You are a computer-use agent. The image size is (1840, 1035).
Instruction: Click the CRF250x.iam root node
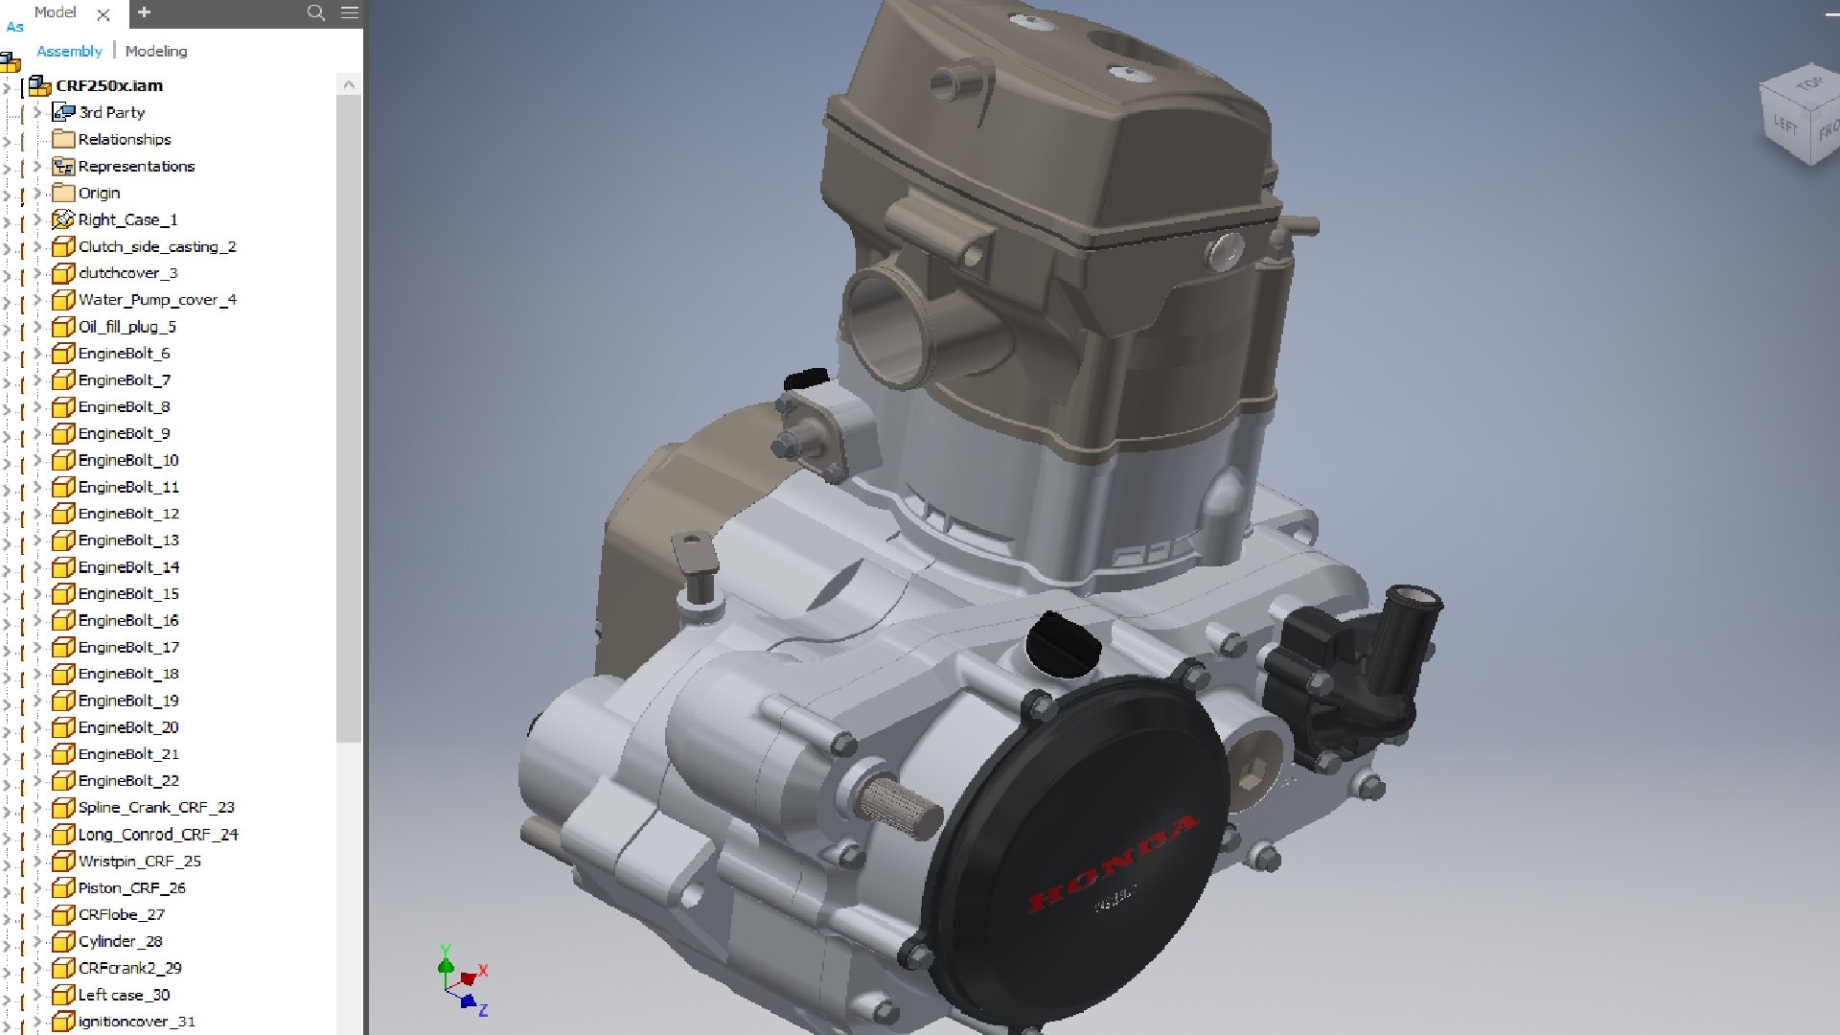108,85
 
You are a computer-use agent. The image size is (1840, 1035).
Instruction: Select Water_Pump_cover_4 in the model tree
156,300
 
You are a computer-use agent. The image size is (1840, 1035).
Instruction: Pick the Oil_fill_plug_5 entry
126,327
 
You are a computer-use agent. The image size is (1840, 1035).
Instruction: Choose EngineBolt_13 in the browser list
128,540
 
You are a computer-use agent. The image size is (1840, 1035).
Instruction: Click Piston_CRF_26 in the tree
131,888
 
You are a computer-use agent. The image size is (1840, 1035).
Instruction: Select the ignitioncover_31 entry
136,1022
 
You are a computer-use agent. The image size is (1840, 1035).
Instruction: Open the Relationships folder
124,139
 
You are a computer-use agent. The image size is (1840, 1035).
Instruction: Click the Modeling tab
156,51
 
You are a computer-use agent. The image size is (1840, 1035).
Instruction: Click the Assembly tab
69,51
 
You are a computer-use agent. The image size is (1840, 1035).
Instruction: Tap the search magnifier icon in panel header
315,12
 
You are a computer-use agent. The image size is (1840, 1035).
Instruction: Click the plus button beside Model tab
144,12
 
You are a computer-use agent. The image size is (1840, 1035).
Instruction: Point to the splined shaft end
901,806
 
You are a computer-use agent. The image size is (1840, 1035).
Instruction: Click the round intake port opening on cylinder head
886,326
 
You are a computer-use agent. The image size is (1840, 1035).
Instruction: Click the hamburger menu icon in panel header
350,12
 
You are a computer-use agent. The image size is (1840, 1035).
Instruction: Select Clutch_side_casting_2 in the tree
156,246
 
